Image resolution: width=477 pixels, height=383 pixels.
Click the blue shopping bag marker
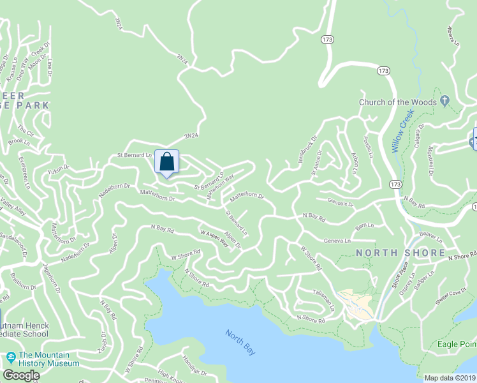pos(166,161)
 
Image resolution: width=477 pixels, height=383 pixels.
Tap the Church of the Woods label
pos(397,102)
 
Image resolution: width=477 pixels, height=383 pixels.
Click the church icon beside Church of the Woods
pos(445,101)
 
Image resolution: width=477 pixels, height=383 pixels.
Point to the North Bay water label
pos(240,342)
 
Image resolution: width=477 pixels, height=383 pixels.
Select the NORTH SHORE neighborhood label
pos(400,253)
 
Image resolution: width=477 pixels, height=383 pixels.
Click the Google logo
pos(22,375)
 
